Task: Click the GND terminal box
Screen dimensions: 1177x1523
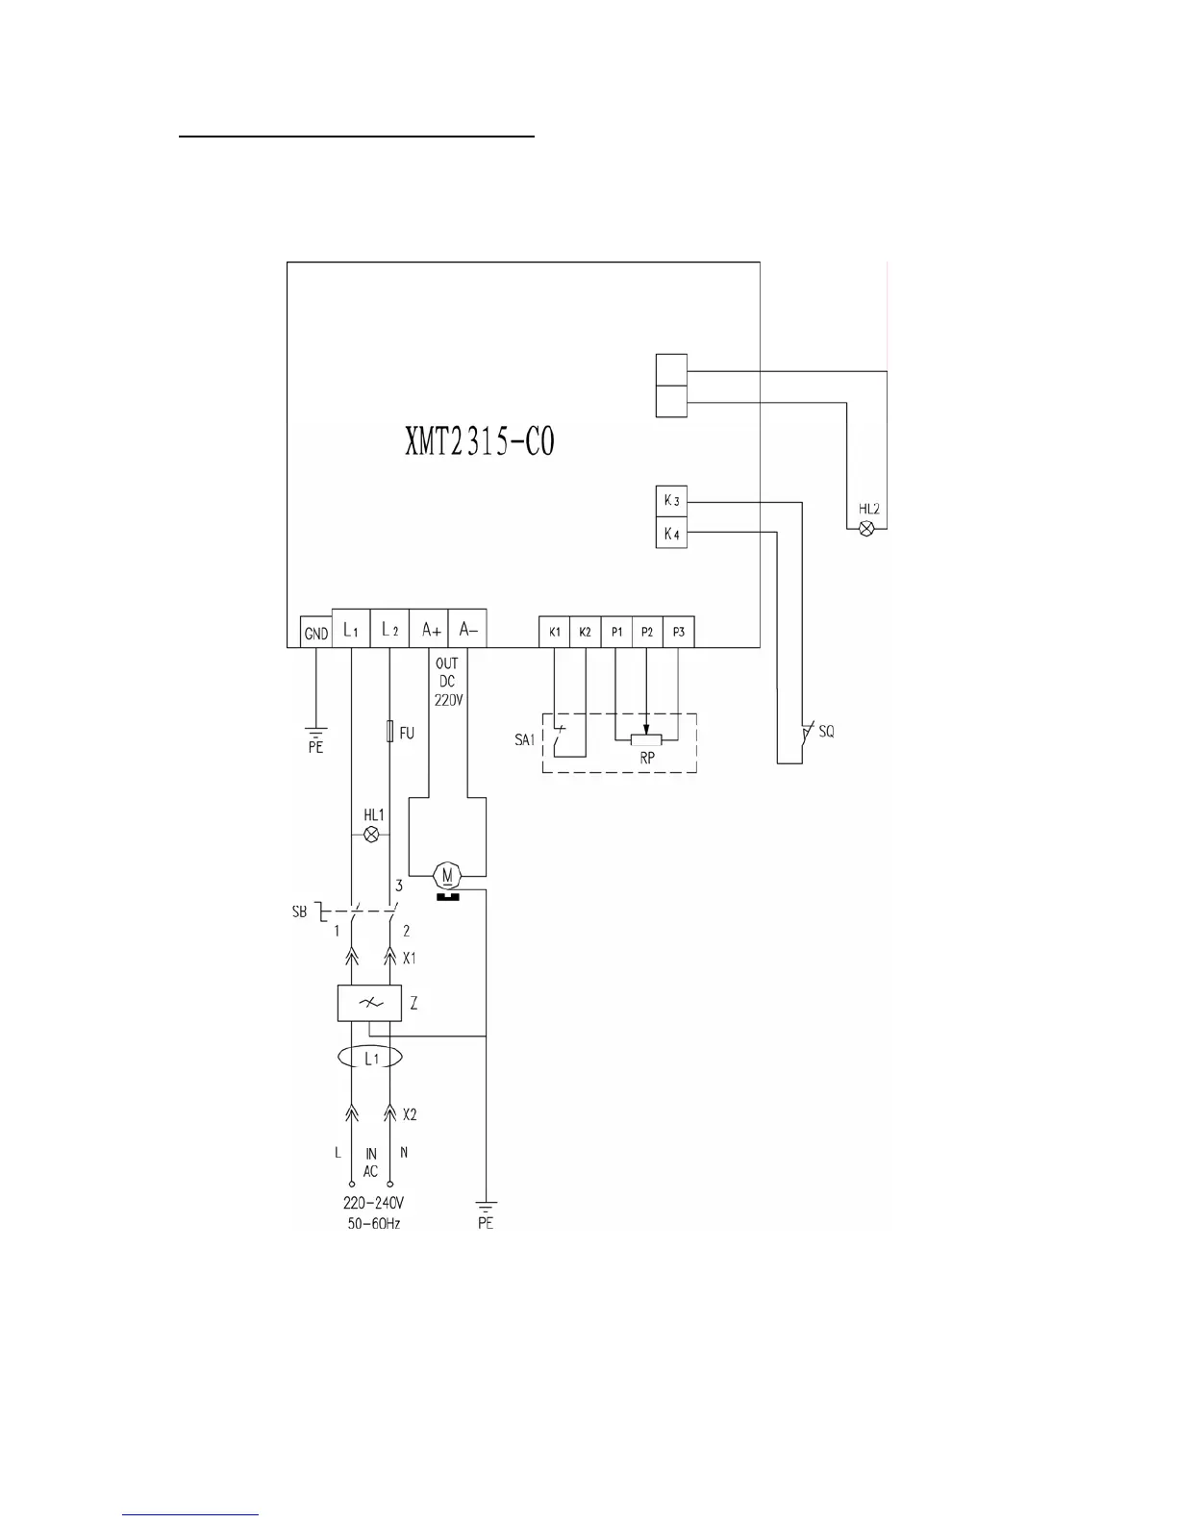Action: (315, 633)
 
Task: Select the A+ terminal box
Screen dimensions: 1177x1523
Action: (428, 628)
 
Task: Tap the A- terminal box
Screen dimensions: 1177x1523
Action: (467, 628)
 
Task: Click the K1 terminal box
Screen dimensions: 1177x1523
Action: (555, 632)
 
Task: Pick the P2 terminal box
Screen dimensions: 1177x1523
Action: (647, 632)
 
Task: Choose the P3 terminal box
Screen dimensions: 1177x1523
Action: (679, 632)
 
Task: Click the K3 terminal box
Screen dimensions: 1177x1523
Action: (671, 501)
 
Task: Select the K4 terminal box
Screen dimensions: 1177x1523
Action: (671, 533)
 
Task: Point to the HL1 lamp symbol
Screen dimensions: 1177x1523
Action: (372, 834)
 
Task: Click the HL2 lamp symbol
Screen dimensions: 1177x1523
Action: (866, 529)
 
